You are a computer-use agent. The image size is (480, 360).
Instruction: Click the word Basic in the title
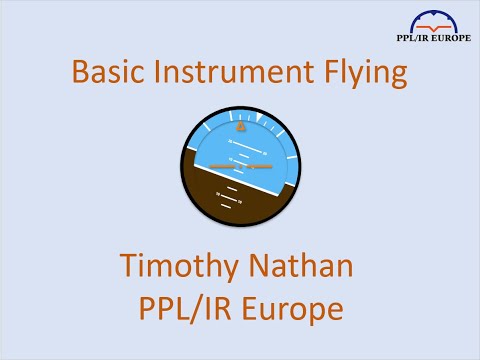(x=107, y=73)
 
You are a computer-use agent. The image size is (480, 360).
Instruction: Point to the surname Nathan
(x=304, y=267)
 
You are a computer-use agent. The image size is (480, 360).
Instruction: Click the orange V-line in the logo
(x=431, y=31)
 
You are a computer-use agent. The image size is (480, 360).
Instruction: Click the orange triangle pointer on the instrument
(x=240, y=128)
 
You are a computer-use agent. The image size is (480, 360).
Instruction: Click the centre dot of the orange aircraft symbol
(x=240, y=165)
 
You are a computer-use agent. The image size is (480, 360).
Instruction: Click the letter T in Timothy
(x=127, y=267)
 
